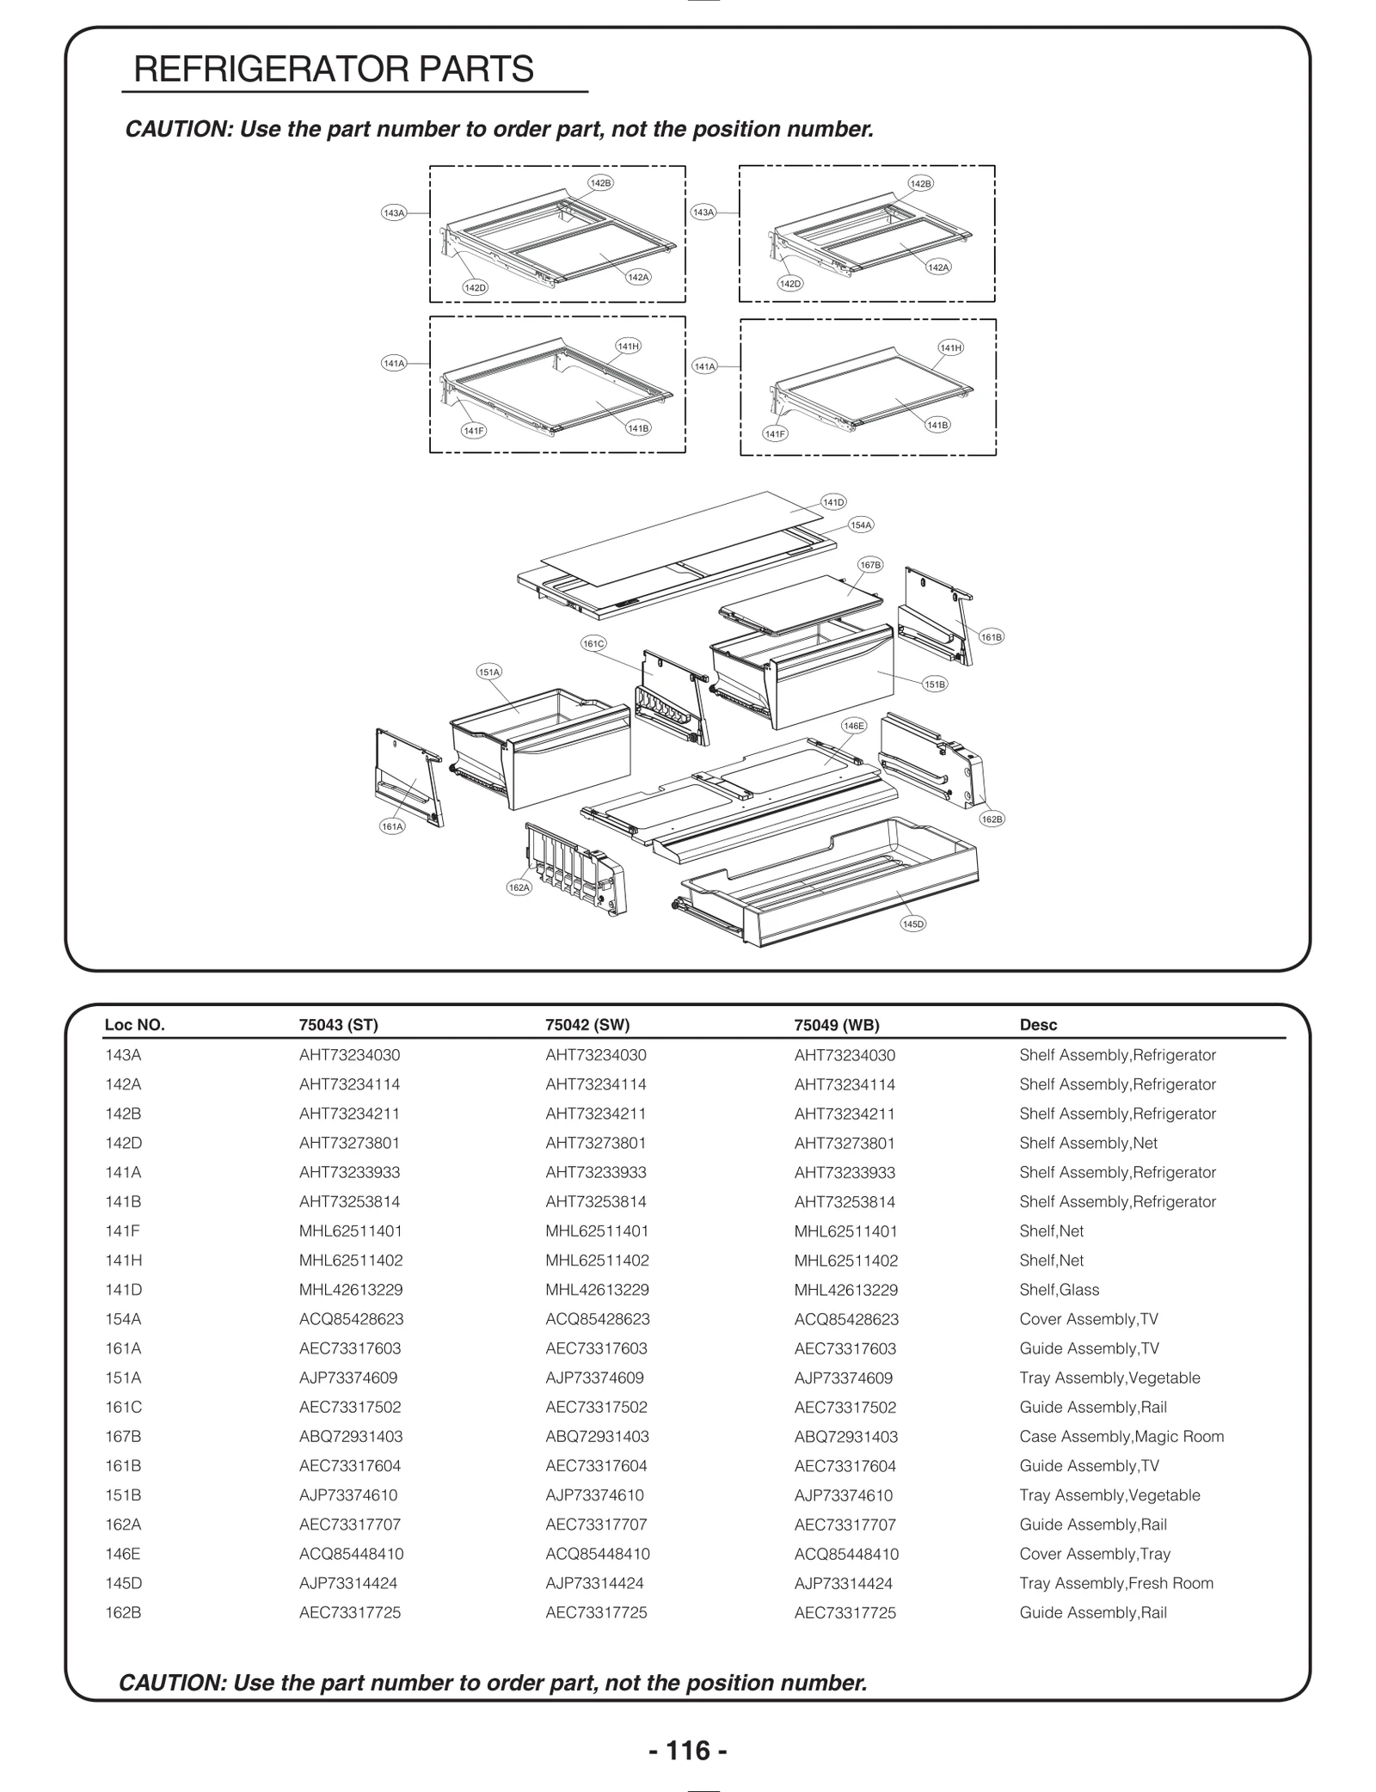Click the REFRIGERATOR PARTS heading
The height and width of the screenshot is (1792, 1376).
point(334,69)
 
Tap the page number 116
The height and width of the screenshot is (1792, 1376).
point(688,1749)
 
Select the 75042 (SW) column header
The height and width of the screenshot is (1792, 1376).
point(587,1024)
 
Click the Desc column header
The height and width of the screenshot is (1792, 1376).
point(1038,1024)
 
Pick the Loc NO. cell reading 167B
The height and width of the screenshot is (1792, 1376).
point(123,1436)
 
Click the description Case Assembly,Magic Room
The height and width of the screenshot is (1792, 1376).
point(1121,1436)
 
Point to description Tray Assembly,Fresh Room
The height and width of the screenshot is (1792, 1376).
point(1116,1583)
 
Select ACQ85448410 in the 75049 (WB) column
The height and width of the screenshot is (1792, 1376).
point(846,1554)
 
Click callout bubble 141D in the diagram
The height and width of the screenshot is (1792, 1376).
point(833,502)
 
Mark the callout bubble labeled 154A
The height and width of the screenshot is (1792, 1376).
point(861,525)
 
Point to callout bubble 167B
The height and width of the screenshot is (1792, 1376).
point(870,565)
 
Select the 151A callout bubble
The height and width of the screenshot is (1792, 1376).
point(489,672)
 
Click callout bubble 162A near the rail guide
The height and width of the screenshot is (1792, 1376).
point(519,887)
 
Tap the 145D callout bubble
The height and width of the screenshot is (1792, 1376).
point(913,924)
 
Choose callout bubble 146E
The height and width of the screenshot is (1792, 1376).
point(853,726)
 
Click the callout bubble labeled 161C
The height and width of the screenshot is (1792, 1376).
point(593,643)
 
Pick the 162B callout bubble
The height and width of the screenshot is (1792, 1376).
point(992,819)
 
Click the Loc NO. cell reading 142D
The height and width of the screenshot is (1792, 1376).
point(123,1143)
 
